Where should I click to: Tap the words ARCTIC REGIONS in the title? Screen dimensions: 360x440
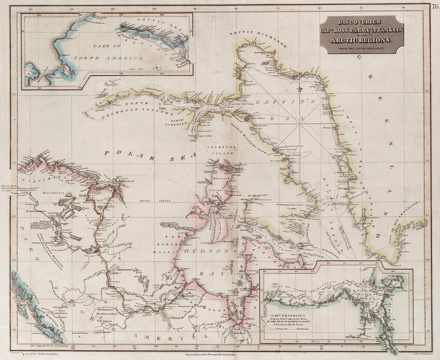[x=361, y=40]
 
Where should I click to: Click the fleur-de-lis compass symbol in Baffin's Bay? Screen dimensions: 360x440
[x=301, y=89]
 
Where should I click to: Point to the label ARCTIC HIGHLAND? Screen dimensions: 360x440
[x=257, y=38]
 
